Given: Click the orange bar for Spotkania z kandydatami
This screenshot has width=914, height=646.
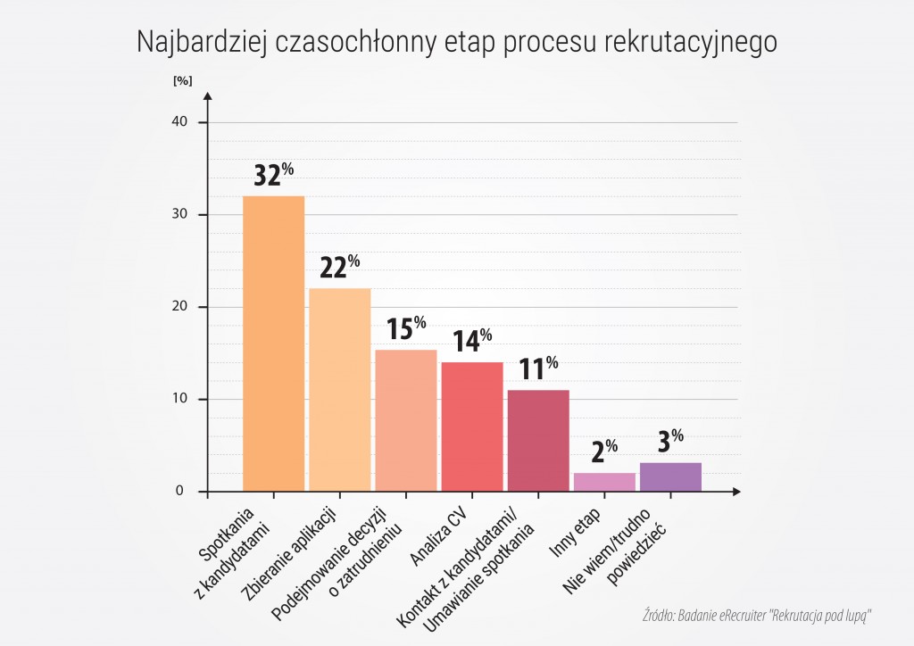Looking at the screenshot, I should [x=273, y=344].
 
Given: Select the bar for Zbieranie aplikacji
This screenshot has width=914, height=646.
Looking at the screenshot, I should [x=339, y=389].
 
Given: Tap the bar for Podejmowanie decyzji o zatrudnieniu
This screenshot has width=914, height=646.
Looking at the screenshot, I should [x=405, y=420].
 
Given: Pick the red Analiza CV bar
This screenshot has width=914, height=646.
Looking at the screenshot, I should [x=471, y=427].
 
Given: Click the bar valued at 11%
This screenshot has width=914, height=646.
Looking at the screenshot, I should [x=537, y=441].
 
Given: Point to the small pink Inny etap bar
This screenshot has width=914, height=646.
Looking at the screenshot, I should [x=603, y=482].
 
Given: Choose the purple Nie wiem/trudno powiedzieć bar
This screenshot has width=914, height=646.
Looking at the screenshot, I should [x=669, y=476].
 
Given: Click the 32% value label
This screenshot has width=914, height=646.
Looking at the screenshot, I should [x=273, y=175].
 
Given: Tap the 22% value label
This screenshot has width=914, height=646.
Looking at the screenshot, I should [x=339, y=267].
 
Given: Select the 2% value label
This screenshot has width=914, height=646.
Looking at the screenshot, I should [x=603, y=451].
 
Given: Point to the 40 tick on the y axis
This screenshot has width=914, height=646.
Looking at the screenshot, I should [x=178, y=122].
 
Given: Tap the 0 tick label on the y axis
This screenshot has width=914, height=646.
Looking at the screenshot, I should [x=179, y=492].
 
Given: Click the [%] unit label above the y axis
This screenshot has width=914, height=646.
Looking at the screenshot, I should [x=182, y=80].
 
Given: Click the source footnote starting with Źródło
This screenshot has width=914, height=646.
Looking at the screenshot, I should [x=755, y=616].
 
